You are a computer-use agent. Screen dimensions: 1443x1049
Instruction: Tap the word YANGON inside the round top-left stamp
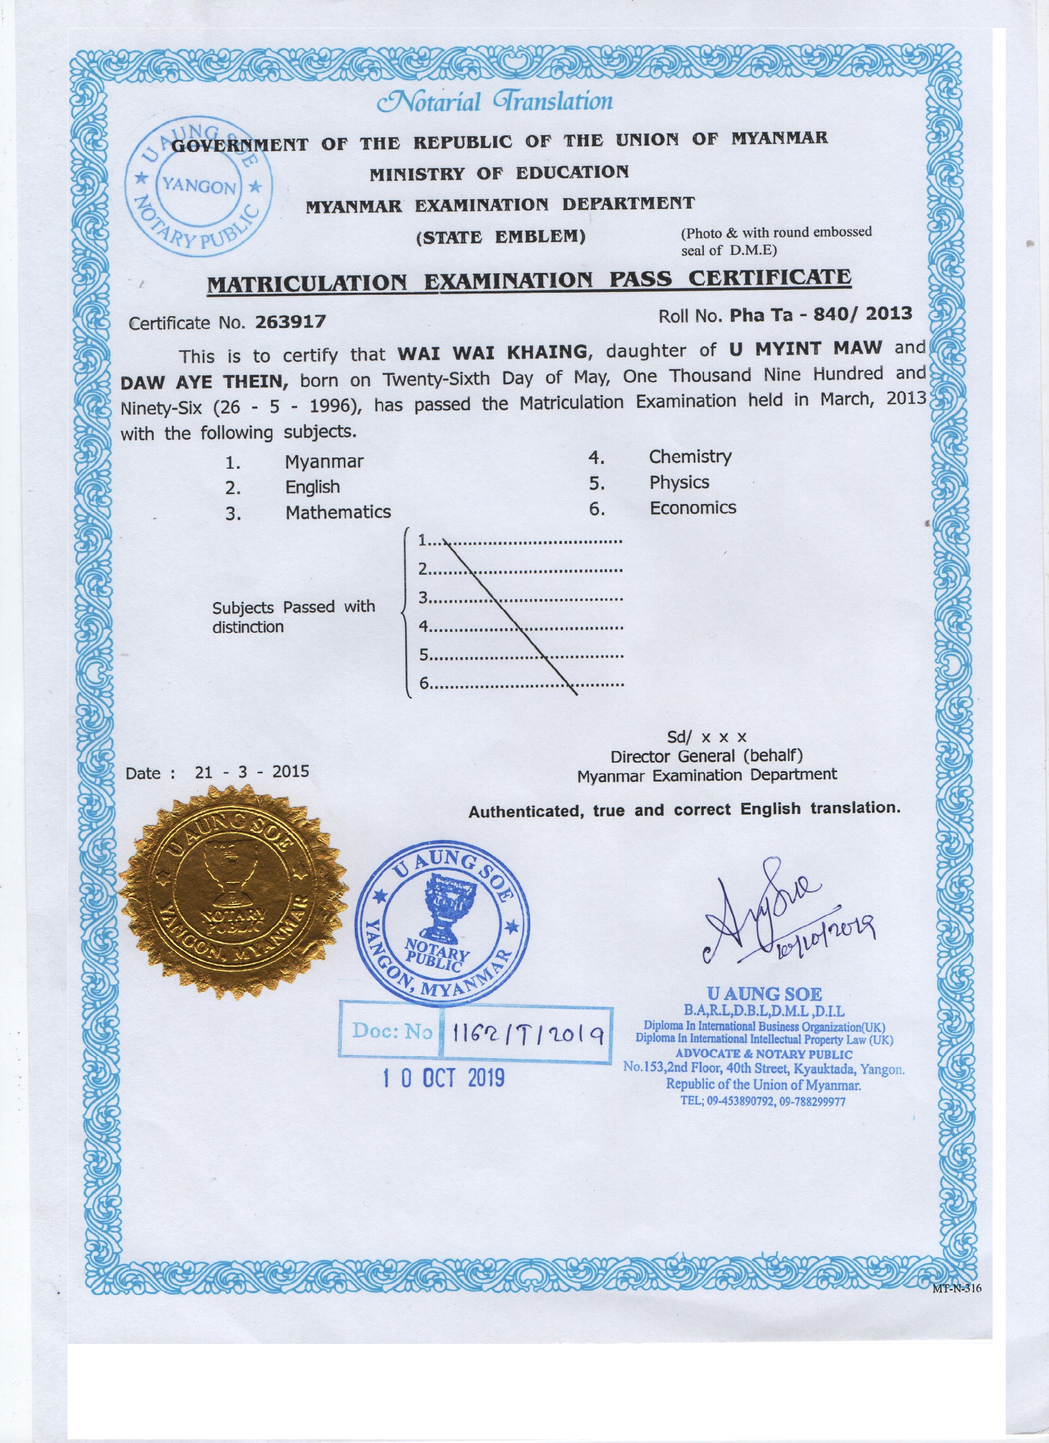(x=199, y=186)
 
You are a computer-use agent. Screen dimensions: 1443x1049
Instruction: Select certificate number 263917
(x=290, y=322)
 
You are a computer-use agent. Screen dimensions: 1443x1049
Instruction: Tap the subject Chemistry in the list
(x=690, y=456)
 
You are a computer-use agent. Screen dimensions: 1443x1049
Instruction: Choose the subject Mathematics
(x=338, y=512)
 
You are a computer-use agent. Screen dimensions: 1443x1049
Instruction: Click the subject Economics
(x=692, y=508)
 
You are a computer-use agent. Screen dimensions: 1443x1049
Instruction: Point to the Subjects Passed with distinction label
(x=293, y=616)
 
